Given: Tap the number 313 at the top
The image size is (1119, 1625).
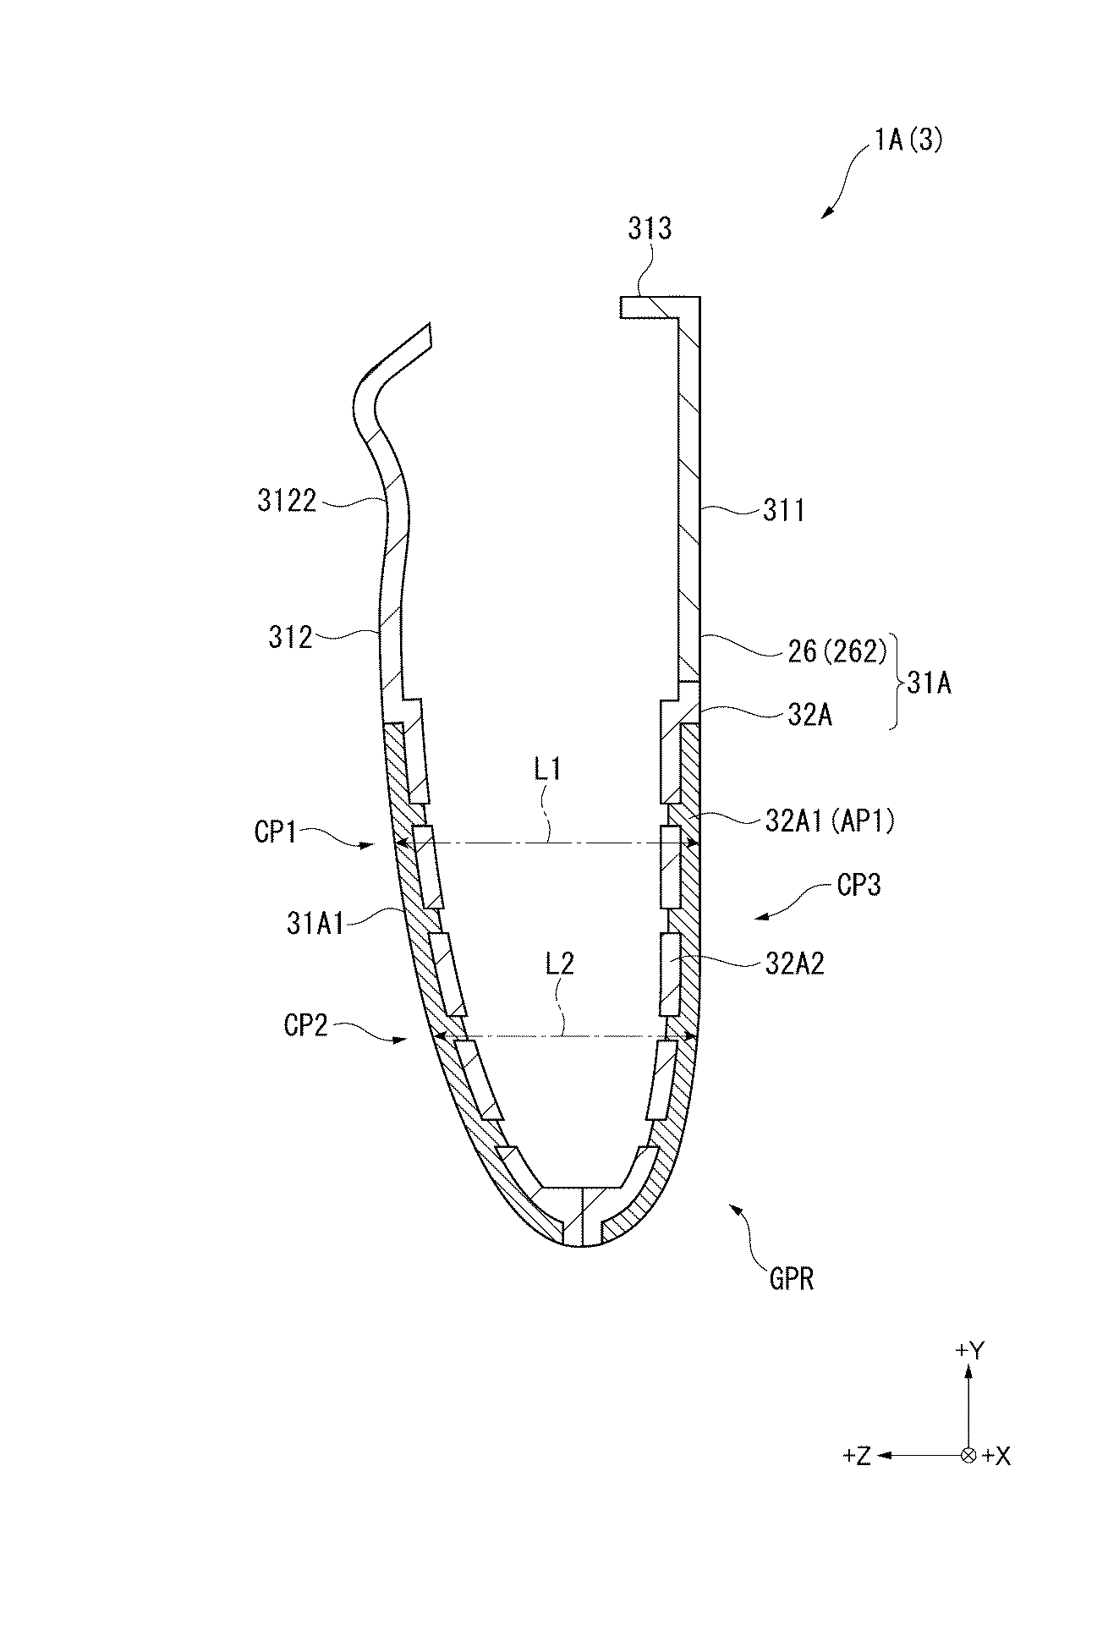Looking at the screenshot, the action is (x=650, y=228).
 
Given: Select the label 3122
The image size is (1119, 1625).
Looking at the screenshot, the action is (x=287, y=502).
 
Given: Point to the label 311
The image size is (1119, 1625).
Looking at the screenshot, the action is (x=783, y=510).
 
